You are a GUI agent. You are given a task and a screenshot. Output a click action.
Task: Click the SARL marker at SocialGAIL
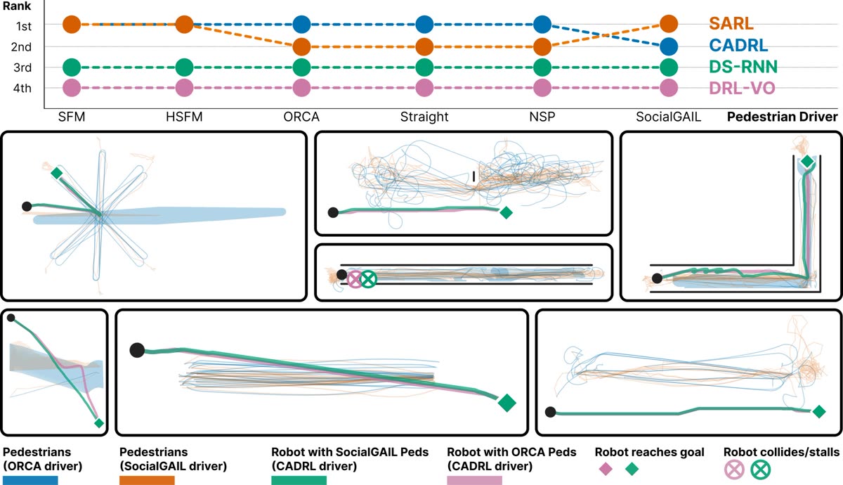pos(669,24)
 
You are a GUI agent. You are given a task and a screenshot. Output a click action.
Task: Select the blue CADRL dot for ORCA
pos(301,25)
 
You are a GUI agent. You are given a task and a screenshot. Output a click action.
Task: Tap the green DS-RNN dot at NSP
pos(542,67)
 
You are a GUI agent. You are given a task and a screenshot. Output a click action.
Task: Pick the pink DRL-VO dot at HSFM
pos(184,88)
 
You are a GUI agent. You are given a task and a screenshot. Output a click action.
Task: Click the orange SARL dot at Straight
pos(424,46)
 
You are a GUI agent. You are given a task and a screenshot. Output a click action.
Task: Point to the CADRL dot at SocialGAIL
pos(669,46)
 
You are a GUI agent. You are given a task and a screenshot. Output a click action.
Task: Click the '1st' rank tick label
pos(24,27)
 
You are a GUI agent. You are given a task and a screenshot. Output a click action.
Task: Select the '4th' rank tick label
pos(22,88)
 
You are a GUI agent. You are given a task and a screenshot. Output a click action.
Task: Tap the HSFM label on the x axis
pos(184,117)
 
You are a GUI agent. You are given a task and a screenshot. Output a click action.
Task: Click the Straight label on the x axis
pos(424,117)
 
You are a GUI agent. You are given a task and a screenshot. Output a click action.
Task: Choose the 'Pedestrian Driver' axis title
pos(782,117)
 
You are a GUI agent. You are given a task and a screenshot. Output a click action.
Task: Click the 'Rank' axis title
pos(17,6)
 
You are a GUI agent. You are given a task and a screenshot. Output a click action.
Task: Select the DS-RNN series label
pos(743,67)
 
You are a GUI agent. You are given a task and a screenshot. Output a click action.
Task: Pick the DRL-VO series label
pos(742,88)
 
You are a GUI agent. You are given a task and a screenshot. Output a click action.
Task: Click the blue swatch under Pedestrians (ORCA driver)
pos(30,480)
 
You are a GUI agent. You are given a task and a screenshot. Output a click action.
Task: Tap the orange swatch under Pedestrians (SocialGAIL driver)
pos(147,480)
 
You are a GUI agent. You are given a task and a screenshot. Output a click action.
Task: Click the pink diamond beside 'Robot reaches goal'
pos(605,470)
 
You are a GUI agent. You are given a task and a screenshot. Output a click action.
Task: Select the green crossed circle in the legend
pos(760,470)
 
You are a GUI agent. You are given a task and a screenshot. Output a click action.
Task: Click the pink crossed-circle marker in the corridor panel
pos(355,279)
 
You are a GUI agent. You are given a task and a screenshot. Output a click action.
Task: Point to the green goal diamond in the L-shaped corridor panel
pos(807,162)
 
